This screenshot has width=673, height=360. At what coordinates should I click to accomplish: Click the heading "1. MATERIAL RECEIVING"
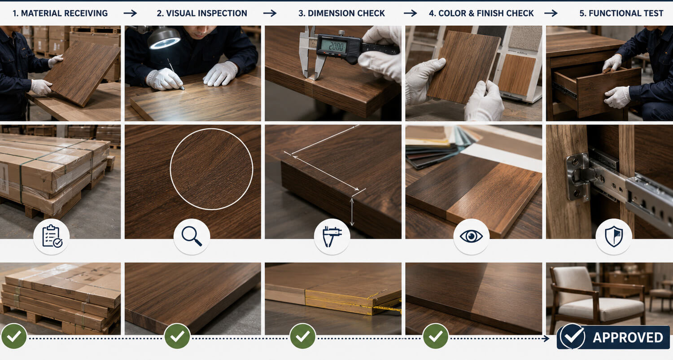tap(60, 13)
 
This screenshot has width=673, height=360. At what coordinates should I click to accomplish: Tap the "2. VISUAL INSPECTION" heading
tap(202, 13)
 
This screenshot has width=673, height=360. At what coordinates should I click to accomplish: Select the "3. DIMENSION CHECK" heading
tap(341, 13)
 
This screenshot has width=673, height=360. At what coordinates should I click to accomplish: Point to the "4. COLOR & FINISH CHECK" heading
tap(481, 13)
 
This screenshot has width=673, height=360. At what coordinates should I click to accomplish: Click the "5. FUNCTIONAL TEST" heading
tap(621, 13)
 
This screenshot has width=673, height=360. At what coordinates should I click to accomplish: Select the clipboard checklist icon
tap(52, 237)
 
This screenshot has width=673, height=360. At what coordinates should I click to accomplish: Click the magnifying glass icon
tap(192, 236)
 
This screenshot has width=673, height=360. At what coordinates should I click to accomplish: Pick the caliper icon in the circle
tap(332, 237)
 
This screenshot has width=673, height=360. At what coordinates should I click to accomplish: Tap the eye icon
tap(471, 236)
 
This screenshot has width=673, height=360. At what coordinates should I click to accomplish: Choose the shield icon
tap(614, 237)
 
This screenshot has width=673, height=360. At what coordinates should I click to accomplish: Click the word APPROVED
tap(628, 338)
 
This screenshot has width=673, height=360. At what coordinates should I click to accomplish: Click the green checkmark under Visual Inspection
tap(177, 336)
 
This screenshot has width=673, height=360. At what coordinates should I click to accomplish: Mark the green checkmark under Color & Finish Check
tap(436, 336)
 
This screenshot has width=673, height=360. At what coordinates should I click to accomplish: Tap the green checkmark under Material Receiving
tap(14, 336)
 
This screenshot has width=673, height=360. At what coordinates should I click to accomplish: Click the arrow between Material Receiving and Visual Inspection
tap(130, 13)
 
